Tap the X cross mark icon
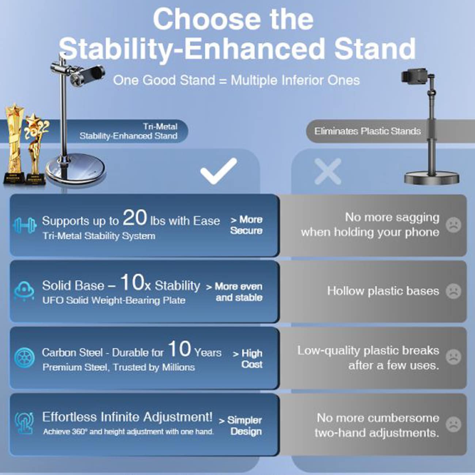tap(328, 171)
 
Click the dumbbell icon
tap(24, 225)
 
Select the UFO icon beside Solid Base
tap(24, 291)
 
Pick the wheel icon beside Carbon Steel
tap(24, 357)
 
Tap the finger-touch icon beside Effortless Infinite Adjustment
tap(24, 423)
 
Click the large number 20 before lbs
tap(134, 217)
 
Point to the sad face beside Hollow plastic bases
tap(453, 291)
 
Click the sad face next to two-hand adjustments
tap(453, 424)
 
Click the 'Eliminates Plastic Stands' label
tap(367, 131)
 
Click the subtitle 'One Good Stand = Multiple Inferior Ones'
tap(236, 80)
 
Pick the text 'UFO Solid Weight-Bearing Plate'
tap(114, 300)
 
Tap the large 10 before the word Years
tap(179, 349)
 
